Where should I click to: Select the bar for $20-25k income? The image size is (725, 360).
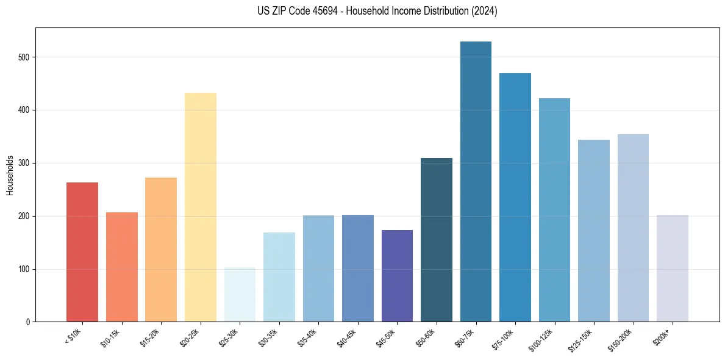[x=201, y=207]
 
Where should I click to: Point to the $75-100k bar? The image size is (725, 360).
[x=515, y=198]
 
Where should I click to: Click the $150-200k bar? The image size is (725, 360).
[x=633, y=228]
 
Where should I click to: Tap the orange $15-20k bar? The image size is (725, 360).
[x=161, y=250]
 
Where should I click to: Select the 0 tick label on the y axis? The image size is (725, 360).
[x=28, y=322]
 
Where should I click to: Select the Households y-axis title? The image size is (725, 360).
[x=10, y=175]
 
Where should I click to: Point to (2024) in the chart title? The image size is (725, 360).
[x=484, y=11]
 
